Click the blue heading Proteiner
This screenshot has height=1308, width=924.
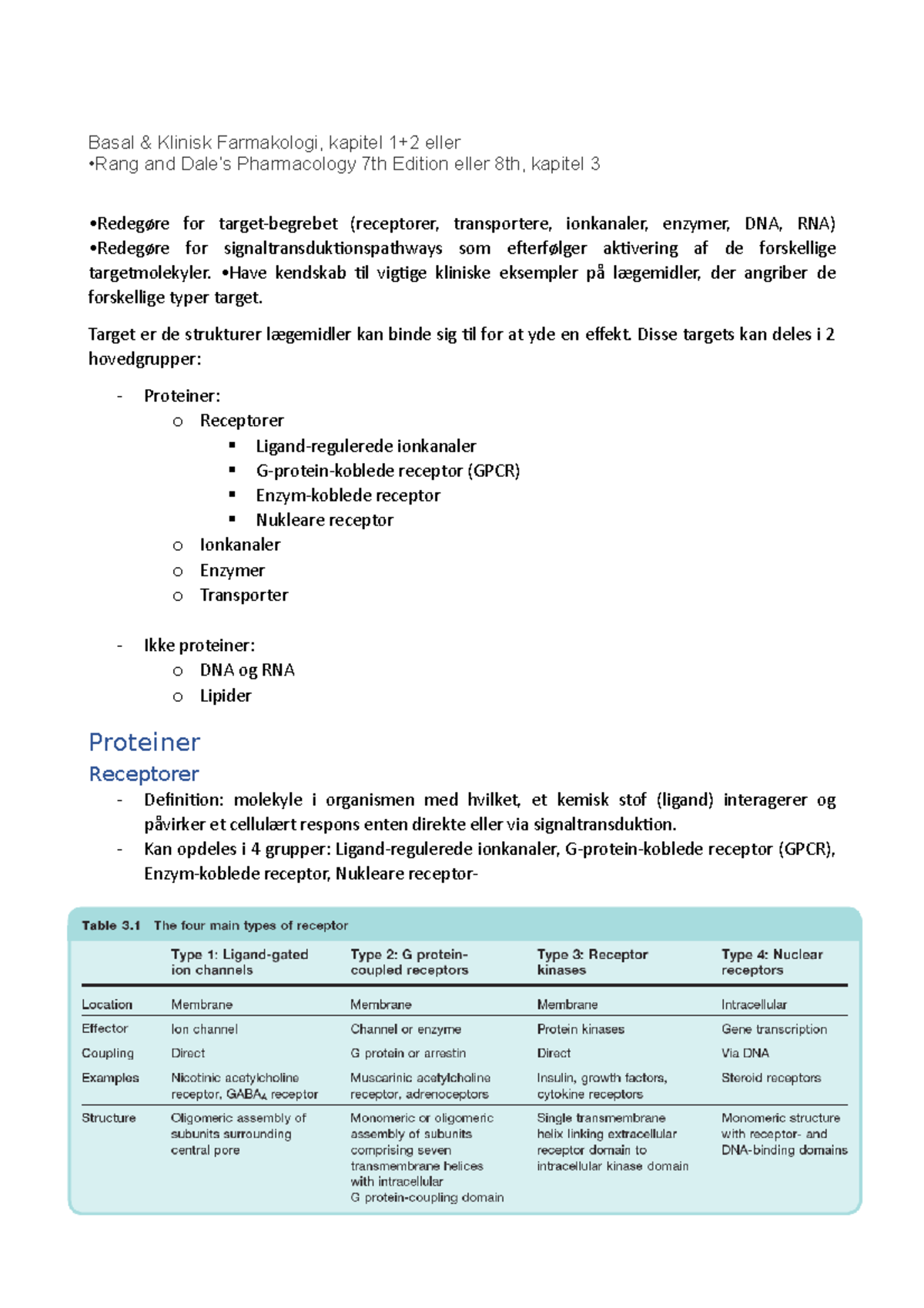(x=144, y=742)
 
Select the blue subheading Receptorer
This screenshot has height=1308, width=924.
(x=144, y=773)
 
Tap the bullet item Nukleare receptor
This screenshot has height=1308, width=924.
(x=324, y=520)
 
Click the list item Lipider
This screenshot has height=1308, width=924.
(x=225, y=696)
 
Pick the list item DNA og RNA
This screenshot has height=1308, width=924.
(x=246, y=670)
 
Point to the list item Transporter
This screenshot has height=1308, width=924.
(x=243, y=595)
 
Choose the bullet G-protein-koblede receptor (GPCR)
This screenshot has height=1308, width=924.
(x=387, y=471)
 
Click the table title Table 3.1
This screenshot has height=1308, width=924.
(x=111, y=925)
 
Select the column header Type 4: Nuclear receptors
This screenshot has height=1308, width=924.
(x=772, y=961)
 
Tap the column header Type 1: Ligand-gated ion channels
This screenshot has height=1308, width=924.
(x=239, y=961)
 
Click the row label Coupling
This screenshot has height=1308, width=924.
(x=108, y=1053)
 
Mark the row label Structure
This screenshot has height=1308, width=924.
(x=109, y=1118)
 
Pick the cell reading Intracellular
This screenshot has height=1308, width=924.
(x=754, y=1004)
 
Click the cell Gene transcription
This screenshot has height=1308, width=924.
(x=774, y=1029)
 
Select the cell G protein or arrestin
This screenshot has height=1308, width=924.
(x=407, y=1053)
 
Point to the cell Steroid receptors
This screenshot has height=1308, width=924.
(x=771, y=1078)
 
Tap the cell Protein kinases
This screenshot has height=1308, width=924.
(x=581, y=1029)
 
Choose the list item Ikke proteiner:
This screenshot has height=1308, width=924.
(x=199, y=646)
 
